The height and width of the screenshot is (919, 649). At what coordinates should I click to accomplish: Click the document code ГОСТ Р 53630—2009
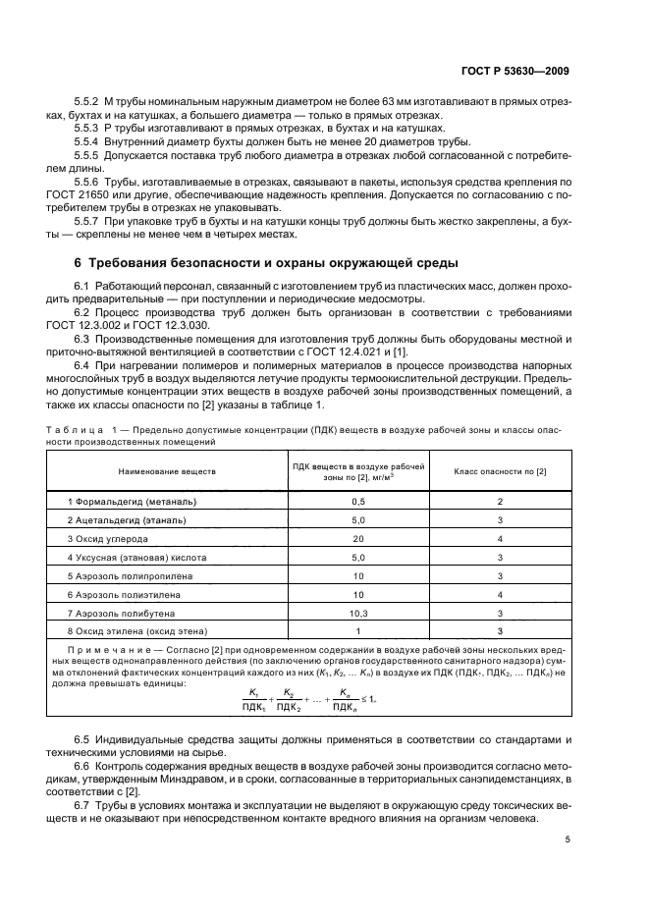tap(515, 71)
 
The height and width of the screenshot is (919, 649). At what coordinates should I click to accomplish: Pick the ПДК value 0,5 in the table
tap(358, 502)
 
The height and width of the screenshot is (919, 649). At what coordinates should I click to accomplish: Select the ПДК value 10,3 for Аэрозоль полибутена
tap(358, 612)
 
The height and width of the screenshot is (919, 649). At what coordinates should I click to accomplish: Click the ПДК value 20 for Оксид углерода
tap(358, 539)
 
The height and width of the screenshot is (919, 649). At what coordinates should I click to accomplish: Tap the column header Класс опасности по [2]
tap(500, 471)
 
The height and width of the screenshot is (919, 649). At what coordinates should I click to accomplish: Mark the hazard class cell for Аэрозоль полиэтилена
tap(500, 594)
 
